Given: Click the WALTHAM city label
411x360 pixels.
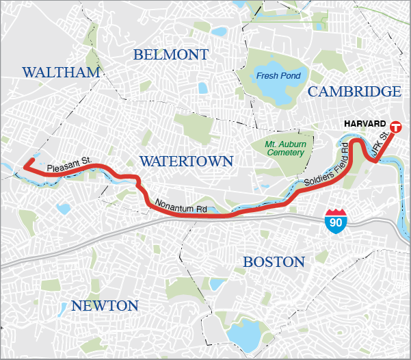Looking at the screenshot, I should (x=61, y=73).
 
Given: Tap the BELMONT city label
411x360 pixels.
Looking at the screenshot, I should (x=171, y=55).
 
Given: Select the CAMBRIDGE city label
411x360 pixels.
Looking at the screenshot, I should (x=354, y=92).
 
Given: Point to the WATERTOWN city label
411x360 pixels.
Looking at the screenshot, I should (x=186, y=161).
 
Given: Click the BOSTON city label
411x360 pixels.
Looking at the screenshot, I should (x=274, y=262).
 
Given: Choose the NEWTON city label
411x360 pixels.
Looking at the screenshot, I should (x=104, y=305).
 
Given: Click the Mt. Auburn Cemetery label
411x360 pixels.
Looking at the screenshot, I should (x=284, y=149).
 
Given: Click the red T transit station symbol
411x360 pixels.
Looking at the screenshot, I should (x=396, y=127).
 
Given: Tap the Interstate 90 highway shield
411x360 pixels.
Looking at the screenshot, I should (x=336, y=222).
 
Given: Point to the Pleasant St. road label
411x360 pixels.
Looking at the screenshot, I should (x=69, y=164).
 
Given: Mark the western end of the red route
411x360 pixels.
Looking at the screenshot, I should (x=25, y=166).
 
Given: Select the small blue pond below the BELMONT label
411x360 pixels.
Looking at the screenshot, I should (x=202, y=88).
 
